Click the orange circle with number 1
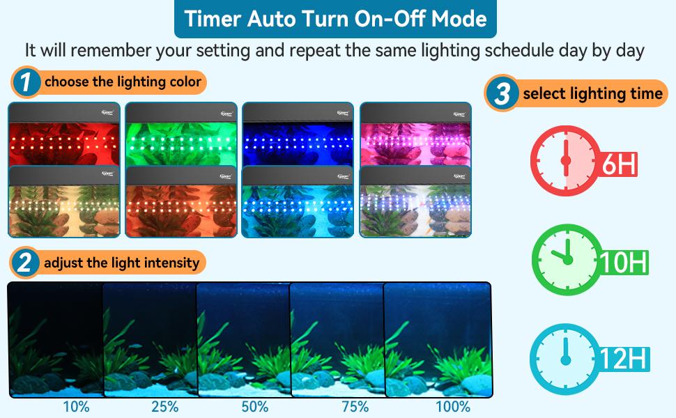[25, 83]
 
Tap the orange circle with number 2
[25, 263]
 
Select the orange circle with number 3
[501, 93]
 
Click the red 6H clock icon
[565, 160]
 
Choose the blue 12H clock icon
[565, 358]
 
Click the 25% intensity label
[164, 407]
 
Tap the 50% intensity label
[255, 407]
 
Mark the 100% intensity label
[452, 407]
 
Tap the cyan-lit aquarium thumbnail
[298, 202]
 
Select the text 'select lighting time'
[592, 93]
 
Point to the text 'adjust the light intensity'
[122, 263]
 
